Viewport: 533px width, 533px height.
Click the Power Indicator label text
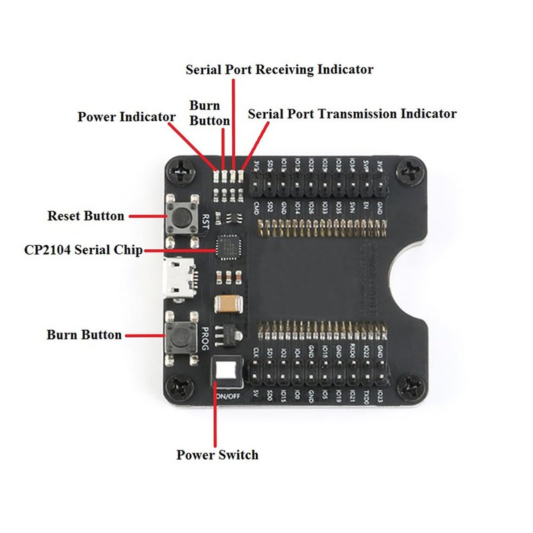(x=127, y=117)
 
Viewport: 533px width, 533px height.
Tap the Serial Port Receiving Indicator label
(x=279, y=69)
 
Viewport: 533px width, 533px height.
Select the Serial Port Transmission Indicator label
(x=352, y=113)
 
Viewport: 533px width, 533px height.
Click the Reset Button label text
(x=86, y=216)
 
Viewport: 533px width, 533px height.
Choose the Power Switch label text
(x=217, y=454)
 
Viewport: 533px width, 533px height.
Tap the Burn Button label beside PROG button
(x=84, y=334)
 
